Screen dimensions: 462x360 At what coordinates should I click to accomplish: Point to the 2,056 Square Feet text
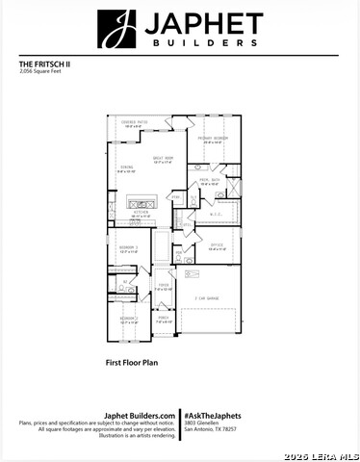click(39, 72)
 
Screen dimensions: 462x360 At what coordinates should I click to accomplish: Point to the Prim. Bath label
click(210, 181)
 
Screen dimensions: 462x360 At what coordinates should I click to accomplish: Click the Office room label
click(217, 246)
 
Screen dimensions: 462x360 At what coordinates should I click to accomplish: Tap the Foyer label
click(164, 286)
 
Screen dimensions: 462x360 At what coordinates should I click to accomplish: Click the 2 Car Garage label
click(206, 299)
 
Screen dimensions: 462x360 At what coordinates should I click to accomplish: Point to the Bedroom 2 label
click(129, 319)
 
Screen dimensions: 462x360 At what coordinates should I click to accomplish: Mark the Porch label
click(164, 319)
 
